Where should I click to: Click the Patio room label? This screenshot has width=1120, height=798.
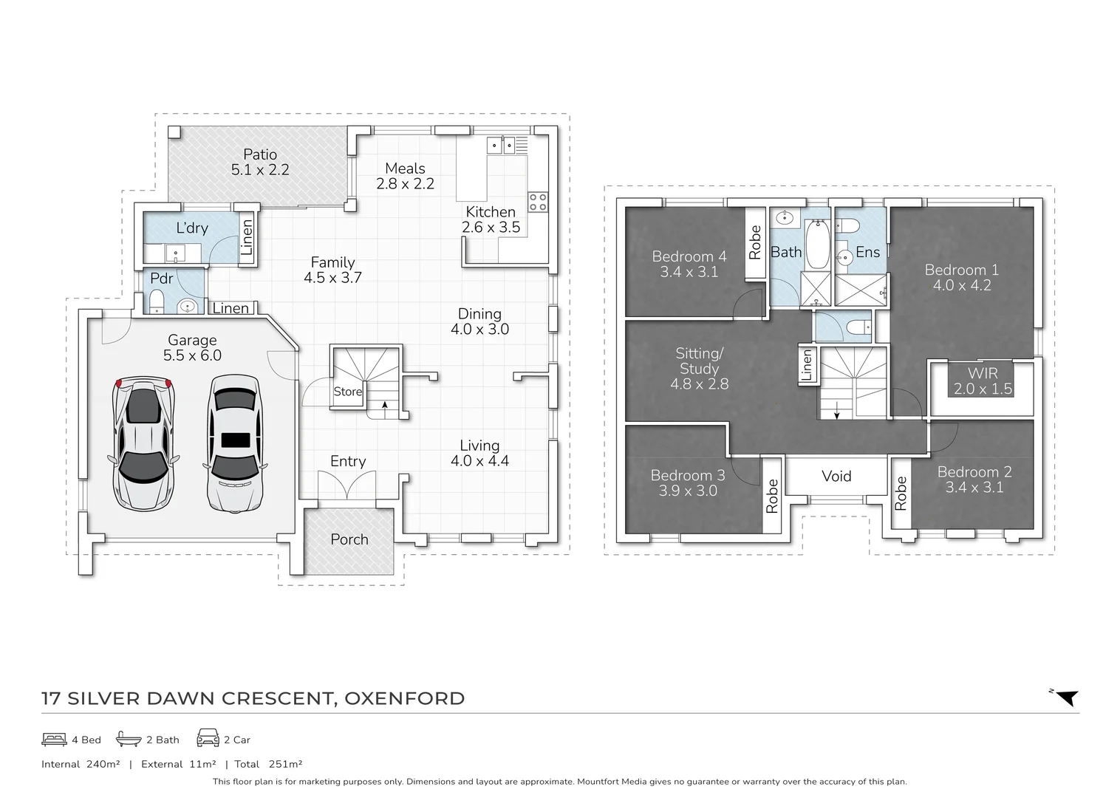pyautogui.click(x=260, y=154)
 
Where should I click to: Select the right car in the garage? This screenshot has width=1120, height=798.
pyautogui.click(x=235, y=443)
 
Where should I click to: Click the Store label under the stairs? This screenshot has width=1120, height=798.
pyautogui.click(x=347, y=392)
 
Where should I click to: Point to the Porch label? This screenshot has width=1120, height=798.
pyautogui.click(x=349, y=539)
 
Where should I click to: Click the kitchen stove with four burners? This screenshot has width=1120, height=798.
pyautogui.click(x=538, y=202)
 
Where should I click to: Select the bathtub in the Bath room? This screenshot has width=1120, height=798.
pyautogui.click(x=816, y=246)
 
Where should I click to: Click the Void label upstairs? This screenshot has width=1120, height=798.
pyautogui.click(x=836, y=477)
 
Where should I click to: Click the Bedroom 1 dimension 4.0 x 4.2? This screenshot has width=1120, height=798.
pyautogui.click(x=961, y=285)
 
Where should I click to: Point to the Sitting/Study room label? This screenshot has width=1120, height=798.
pyautogui.click(x=699, y=361)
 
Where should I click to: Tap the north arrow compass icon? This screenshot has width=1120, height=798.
pyautogui.click(x=1065, y=697)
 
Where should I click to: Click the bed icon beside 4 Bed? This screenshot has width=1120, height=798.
pyautogui.click(x=54, y=739)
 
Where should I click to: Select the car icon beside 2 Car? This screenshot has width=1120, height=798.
pyautogui.click(x=208, y=739)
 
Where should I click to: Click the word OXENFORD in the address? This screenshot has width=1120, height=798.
pyautogui.click(x=405, y=698)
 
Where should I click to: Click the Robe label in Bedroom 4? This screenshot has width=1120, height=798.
pyautogui.click(x=754, y=242)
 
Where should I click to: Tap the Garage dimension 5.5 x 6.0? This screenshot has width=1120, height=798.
pyautogui.click(x=192, y=355)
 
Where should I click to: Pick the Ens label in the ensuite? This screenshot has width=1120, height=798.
pyautogui.click(x=867, y=253)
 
